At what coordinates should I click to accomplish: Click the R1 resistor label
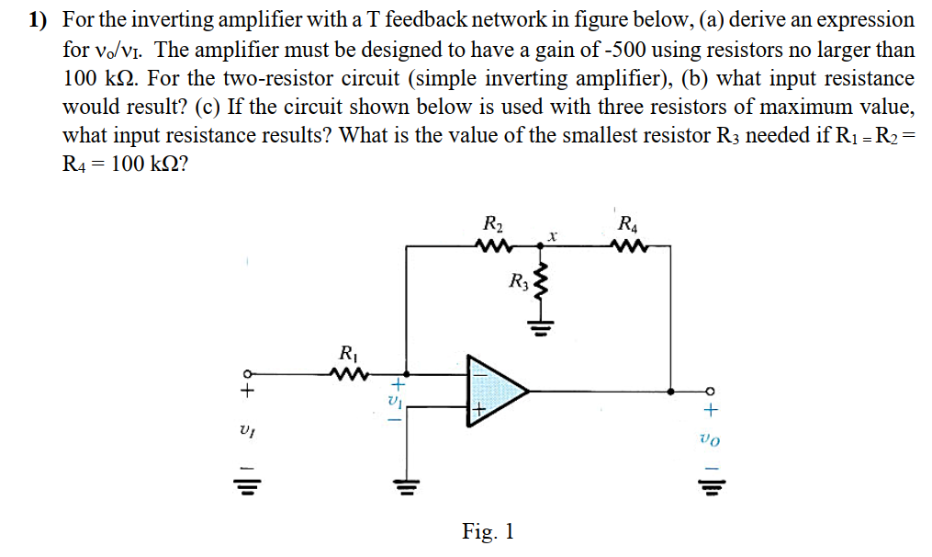point(348,351)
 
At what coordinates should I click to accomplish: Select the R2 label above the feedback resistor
point(492,223)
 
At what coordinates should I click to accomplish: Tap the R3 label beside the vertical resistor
point(518,281)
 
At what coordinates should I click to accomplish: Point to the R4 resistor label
point(628,223)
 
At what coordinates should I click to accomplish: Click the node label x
point(552,236)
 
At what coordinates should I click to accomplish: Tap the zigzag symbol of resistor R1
point(348,374)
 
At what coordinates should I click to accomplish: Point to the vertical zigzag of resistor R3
point(541,285)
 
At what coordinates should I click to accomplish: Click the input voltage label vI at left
point(244,430)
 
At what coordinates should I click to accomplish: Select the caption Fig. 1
point(488,530)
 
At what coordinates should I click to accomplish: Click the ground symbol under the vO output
point(708,485)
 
